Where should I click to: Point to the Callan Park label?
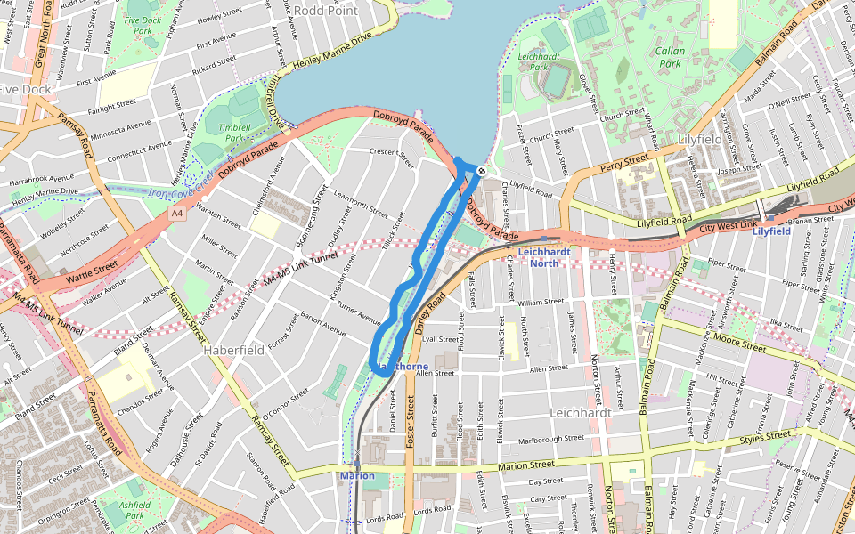670,57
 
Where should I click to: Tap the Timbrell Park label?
233,133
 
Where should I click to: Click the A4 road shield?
177,214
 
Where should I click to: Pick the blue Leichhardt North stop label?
544,257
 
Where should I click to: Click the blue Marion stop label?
357,476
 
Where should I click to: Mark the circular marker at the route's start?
481,170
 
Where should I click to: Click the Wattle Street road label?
92,265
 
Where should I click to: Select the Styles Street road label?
766,437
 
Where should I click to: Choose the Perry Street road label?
623,161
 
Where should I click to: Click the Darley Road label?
429,317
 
